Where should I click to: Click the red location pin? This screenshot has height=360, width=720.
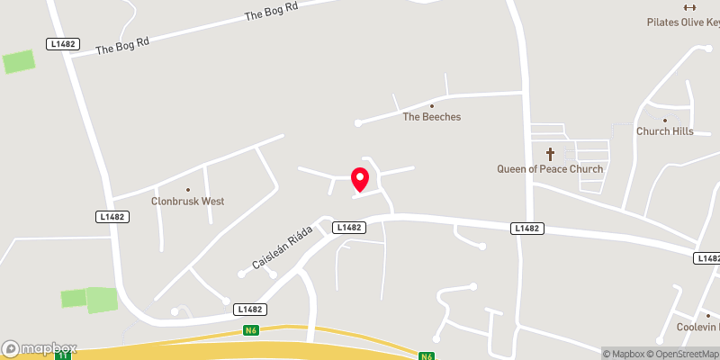tap(360, 179)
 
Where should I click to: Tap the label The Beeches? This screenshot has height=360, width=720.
tap(431, 117)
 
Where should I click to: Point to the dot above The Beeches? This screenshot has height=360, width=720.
tap(431, 106)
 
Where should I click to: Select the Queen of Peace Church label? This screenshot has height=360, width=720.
tap(550, 169)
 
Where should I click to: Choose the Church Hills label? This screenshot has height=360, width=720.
tap(664, 131)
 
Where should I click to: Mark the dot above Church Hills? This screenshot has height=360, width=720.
tap(664, 121)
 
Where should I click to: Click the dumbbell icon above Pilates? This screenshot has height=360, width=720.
tap(690, 8)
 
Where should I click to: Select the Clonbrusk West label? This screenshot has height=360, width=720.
tap(187, 202)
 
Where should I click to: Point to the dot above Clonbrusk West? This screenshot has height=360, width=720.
tap(187, 190)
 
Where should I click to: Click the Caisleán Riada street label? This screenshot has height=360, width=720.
tap(282, 247)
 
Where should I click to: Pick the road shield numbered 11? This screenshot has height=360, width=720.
tap(62, 355)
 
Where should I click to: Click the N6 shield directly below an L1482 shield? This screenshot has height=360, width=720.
tap(251, 329)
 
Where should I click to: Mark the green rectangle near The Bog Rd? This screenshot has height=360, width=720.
tap(18, 62)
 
